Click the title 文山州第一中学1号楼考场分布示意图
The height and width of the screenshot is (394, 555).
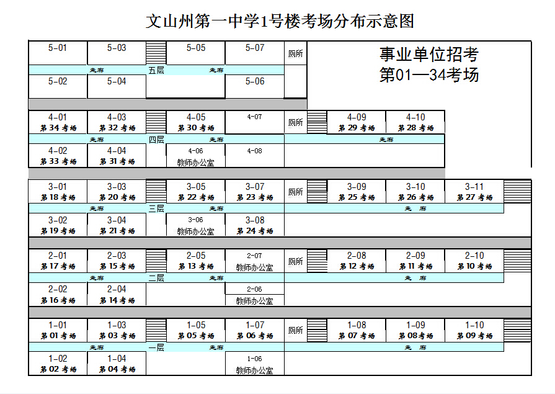point(280,22)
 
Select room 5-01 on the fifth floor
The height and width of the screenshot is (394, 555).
point(58,52)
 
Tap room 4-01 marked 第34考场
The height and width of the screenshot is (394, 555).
point(58,122)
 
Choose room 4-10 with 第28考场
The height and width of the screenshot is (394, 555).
point(415,122)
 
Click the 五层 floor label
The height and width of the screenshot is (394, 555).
point(156,70)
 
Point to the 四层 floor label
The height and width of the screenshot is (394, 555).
point(156,140)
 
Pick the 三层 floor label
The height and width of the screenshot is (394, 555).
point(156,208)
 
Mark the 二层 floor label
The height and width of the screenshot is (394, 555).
point(156,278)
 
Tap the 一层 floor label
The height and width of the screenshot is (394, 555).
point(156,347)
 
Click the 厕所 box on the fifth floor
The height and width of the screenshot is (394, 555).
point(296,54)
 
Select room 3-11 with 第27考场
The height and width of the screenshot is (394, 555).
point(474,192)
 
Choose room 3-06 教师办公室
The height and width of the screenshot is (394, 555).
point(195,225)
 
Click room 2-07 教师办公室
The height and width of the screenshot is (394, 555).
point(254,261)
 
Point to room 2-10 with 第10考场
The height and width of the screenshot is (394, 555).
point(474,261)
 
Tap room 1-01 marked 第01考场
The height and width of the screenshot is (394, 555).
point(58,331)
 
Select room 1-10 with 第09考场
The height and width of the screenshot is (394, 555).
point(474,331)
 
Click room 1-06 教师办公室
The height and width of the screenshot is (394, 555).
point(254,364)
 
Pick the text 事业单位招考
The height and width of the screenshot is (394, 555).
point(429,55)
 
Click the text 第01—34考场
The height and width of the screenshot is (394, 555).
point(429,76)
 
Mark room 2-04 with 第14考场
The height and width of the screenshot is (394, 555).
point(117,295)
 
